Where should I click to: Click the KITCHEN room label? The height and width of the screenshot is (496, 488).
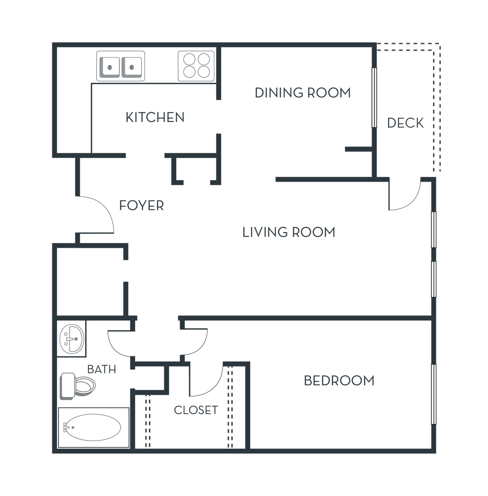(x=155, y=117)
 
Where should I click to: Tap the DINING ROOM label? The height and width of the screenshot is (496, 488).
(x=302, y=93)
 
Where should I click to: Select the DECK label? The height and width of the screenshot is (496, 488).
(x=405, y=123)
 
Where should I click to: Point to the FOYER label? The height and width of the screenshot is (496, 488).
(x=142, y=206)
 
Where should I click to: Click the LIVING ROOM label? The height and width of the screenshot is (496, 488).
(x=289, y=232)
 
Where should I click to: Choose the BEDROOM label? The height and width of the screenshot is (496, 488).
(x=339, y=381)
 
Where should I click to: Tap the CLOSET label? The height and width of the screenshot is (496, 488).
(x=196, y=410)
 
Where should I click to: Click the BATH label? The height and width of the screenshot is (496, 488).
(x=102, y=370)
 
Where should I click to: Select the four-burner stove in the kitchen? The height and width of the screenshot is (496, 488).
(x=196, y=66)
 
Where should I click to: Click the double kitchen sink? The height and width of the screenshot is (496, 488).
(x=121, y=66)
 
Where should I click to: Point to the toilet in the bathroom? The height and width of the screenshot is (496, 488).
(x=77, y=386)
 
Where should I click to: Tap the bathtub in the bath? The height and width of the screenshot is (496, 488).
(x=93, y=428)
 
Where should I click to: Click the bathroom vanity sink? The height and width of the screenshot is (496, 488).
(x=71, y=339)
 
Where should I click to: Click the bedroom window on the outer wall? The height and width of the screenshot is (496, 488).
(x=434, y=394)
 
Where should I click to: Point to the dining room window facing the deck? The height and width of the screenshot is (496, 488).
(x=374, y=98)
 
